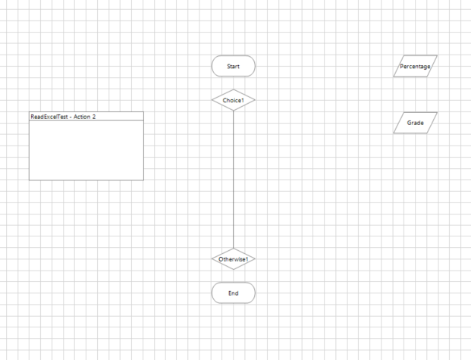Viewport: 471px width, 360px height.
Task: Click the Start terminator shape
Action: [233, 67]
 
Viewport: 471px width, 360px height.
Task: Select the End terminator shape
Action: [233, 293]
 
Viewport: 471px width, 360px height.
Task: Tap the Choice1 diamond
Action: [233, 100]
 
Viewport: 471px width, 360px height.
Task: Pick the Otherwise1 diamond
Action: [233, 259]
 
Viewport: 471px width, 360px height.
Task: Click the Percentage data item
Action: [415, 67]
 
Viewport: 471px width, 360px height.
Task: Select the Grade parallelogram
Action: [415, 123]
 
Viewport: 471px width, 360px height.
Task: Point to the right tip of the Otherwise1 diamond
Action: [254, 259]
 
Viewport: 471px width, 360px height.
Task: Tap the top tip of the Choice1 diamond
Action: [233, 90]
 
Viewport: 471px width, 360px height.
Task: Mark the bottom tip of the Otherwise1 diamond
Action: [233, 269]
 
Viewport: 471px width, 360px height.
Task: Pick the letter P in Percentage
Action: [402, 67]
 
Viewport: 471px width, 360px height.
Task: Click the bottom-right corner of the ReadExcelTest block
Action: [143, 180]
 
